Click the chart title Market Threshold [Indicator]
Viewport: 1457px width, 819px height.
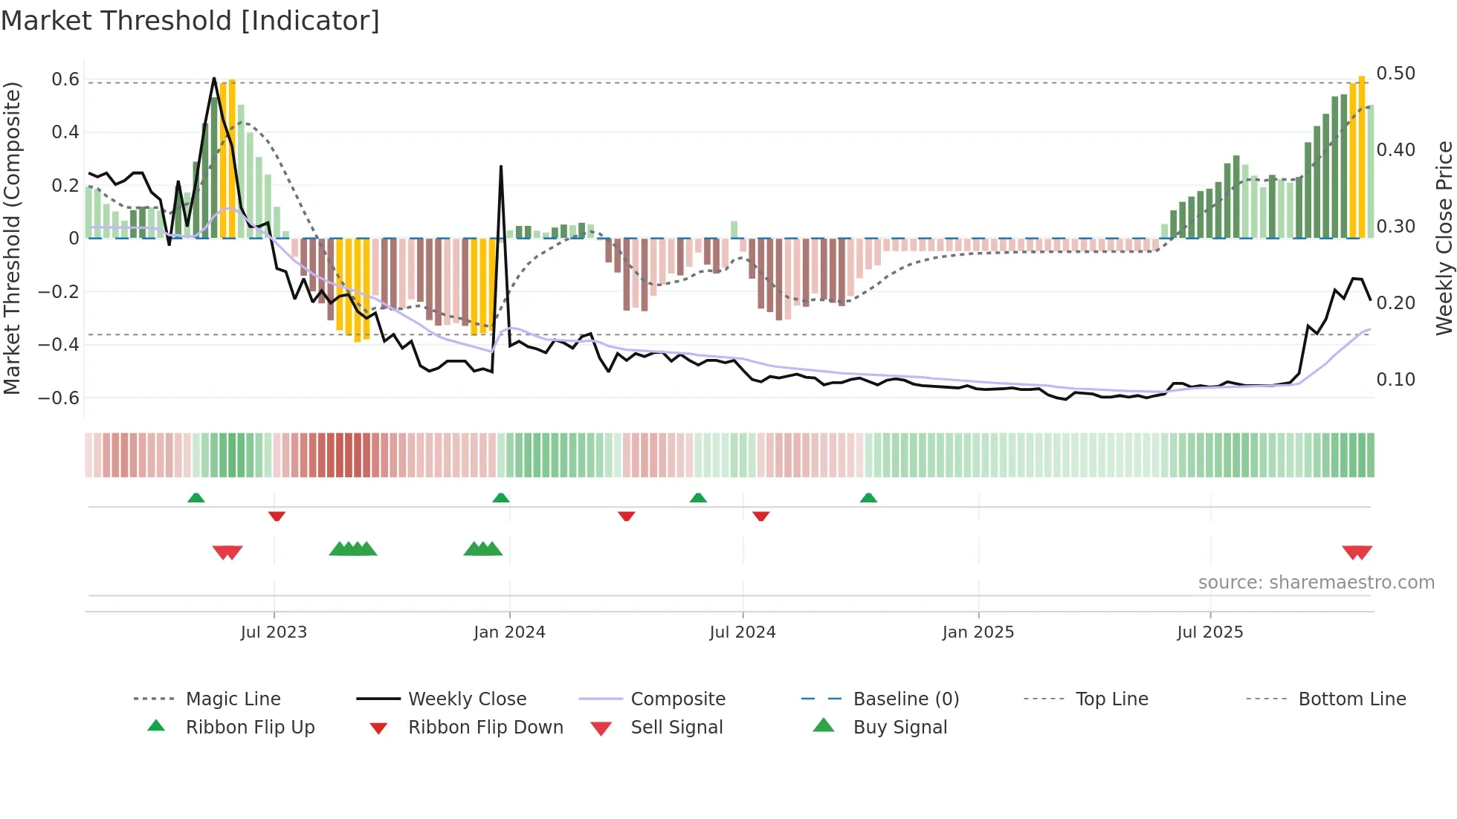point(190,21)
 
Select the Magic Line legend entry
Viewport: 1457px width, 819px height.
point(233,699)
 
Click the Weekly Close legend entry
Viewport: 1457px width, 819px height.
point(467,699)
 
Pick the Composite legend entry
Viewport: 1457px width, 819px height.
point(678,699)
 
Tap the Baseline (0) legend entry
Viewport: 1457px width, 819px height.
point(905,699)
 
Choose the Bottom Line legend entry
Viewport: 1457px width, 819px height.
point(1351,699)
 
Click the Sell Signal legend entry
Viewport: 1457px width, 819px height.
point(676,727)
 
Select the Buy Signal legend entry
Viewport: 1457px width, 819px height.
point(899,727)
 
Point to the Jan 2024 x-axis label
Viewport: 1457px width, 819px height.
point(509,632)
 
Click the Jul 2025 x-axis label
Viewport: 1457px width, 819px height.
point(1209,632)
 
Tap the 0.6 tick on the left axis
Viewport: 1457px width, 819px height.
point(65,80)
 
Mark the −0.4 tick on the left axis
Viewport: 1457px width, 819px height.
point(59,344)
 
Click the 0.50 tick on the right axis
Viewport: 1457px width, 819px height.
point(1395,74)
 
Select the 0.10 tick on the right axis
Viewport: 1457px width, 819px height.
point(1395,380)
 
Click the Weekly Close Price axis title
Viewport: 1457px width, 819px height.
point(1444,238)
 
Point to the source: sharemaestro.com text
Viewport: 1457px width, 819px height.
point(1316,582)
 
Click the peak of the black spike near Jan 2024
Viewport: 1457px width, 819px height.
point(501,167)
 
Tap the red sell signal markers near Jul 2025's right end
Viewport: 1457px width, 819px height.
point(1357,552)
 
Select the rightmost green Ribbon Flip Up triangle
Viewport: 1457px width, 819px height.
point(868,498)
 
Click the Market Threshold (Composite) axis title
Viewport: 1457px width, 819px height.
point(12,238)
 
